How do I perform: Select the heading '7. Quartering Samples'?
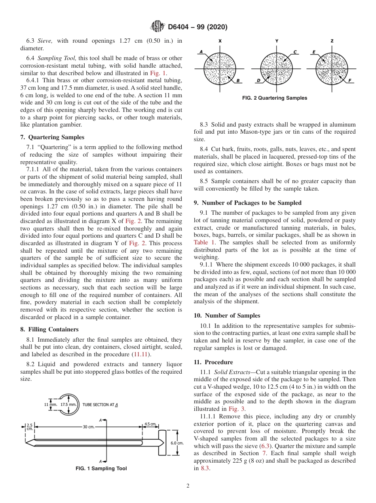point(52,137)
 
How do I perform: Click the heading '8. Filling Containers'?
point(49,329)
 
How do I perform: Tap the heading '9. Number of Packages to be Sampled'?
point(247,203)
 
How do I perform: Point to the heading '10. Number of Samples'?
point(227,316)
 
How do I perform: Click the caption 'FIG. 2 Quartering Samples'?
point(274,98)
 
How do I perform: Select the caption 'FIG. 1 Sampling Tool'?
point(101,469)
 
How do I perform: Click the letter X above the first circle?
point(220,41)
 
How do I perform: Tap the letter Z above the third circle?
point(332,41)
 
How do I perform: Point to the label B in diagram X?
point(238,81)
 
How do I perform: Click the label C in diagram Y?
point(295,52)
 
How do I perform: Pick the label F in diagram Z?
point(350,81)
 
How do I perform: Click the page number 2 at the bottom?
point(188,486)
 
